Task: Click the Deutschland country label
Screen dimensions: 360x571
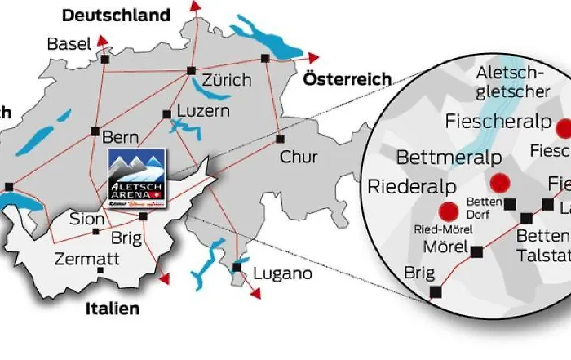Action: point(117,16)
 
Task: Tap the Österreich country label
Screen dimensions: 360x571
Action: point(347,79)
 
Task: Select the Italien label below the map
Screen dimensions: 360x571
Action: point(113,309)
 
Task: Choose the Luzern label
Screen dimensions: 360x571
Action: point(203,111)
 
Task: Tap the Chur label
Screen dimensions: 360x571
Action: point(299,156)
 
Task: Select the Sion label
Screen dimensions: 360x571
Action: point(87,220)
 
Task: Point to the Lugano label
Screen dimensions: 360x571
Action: point(282,273)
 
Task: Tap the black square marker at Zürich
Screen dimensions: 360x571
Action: point(192,70)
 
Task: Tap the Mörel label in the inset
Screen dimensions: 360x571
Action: point(445,247)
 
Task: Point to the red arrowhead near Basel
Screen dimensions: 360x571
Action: point(102,38)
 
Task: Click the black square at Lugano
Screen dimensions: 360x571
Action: point(237,267)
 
